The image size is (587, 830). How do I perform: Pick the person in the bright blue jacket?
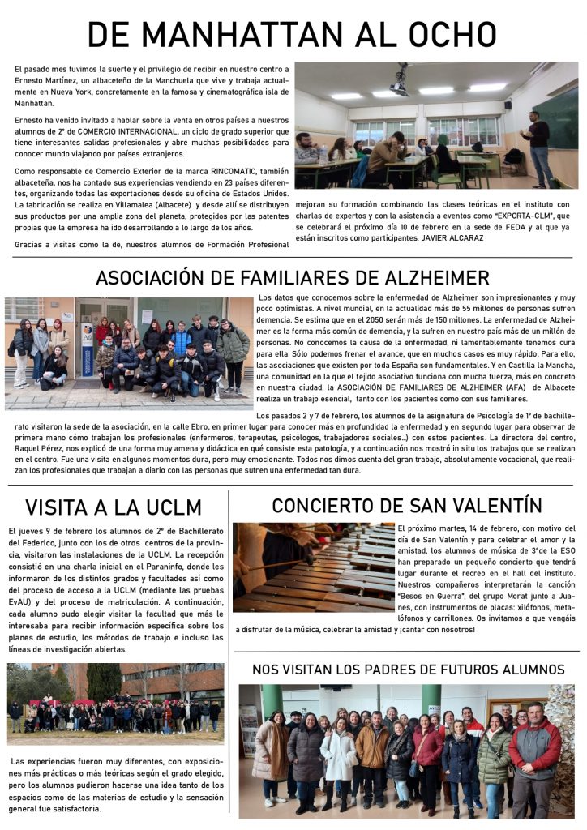click(x=182, y=340)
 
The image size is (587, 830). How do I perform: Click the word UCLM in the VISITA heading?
click(x=172, y=507)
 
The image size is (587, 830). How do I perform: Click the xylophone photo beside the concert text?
click(x=314, y=567)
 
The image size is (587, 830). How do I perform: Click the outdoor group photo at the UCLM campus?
click(x=115, y=704)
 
